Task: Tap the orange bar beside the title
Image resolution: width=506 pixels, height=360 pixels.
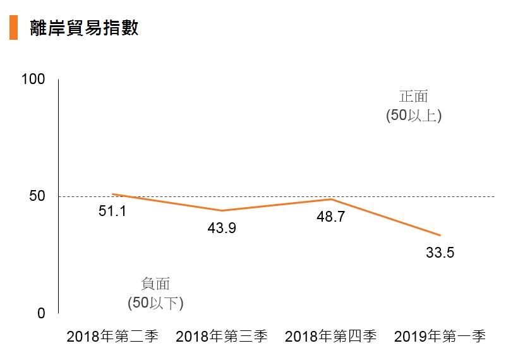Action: (13, 28)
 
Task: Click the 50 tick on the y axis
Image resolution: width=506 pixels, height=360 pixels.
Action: (37, 196)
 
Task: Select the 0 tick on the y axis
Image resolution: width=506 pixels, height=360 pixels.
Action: (41, 313)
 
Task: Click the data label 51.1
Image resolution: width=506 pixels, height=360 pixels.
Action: (112, 212)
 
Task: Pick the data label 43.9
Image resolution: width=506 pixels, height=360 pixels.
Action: (222, 228)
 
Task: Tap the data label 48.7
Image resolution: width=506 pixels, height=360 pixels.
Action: (331, 217)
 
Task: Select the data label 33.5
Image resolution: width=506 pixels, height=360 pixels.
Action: (440, 253)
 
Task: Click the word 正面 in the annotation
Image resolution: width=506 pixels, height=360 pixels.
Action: (414, 97)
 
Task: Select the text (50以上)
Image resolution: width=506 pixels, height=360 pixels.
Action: (414, 116)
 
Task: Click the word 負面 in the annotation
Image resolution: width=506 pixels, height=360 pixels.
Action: (155, 284)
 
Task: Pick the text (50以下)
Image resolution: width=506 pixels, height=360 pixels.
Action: (155, 303)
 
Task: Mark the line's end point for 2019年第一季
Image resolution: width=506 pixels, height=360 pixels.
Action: (440, 236)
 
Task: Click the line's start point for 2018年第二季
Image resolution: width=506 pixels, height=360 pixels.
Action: (112, 194)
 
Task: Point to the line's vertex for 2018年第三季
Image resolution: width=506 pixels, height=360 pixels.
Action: (222, 211)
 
